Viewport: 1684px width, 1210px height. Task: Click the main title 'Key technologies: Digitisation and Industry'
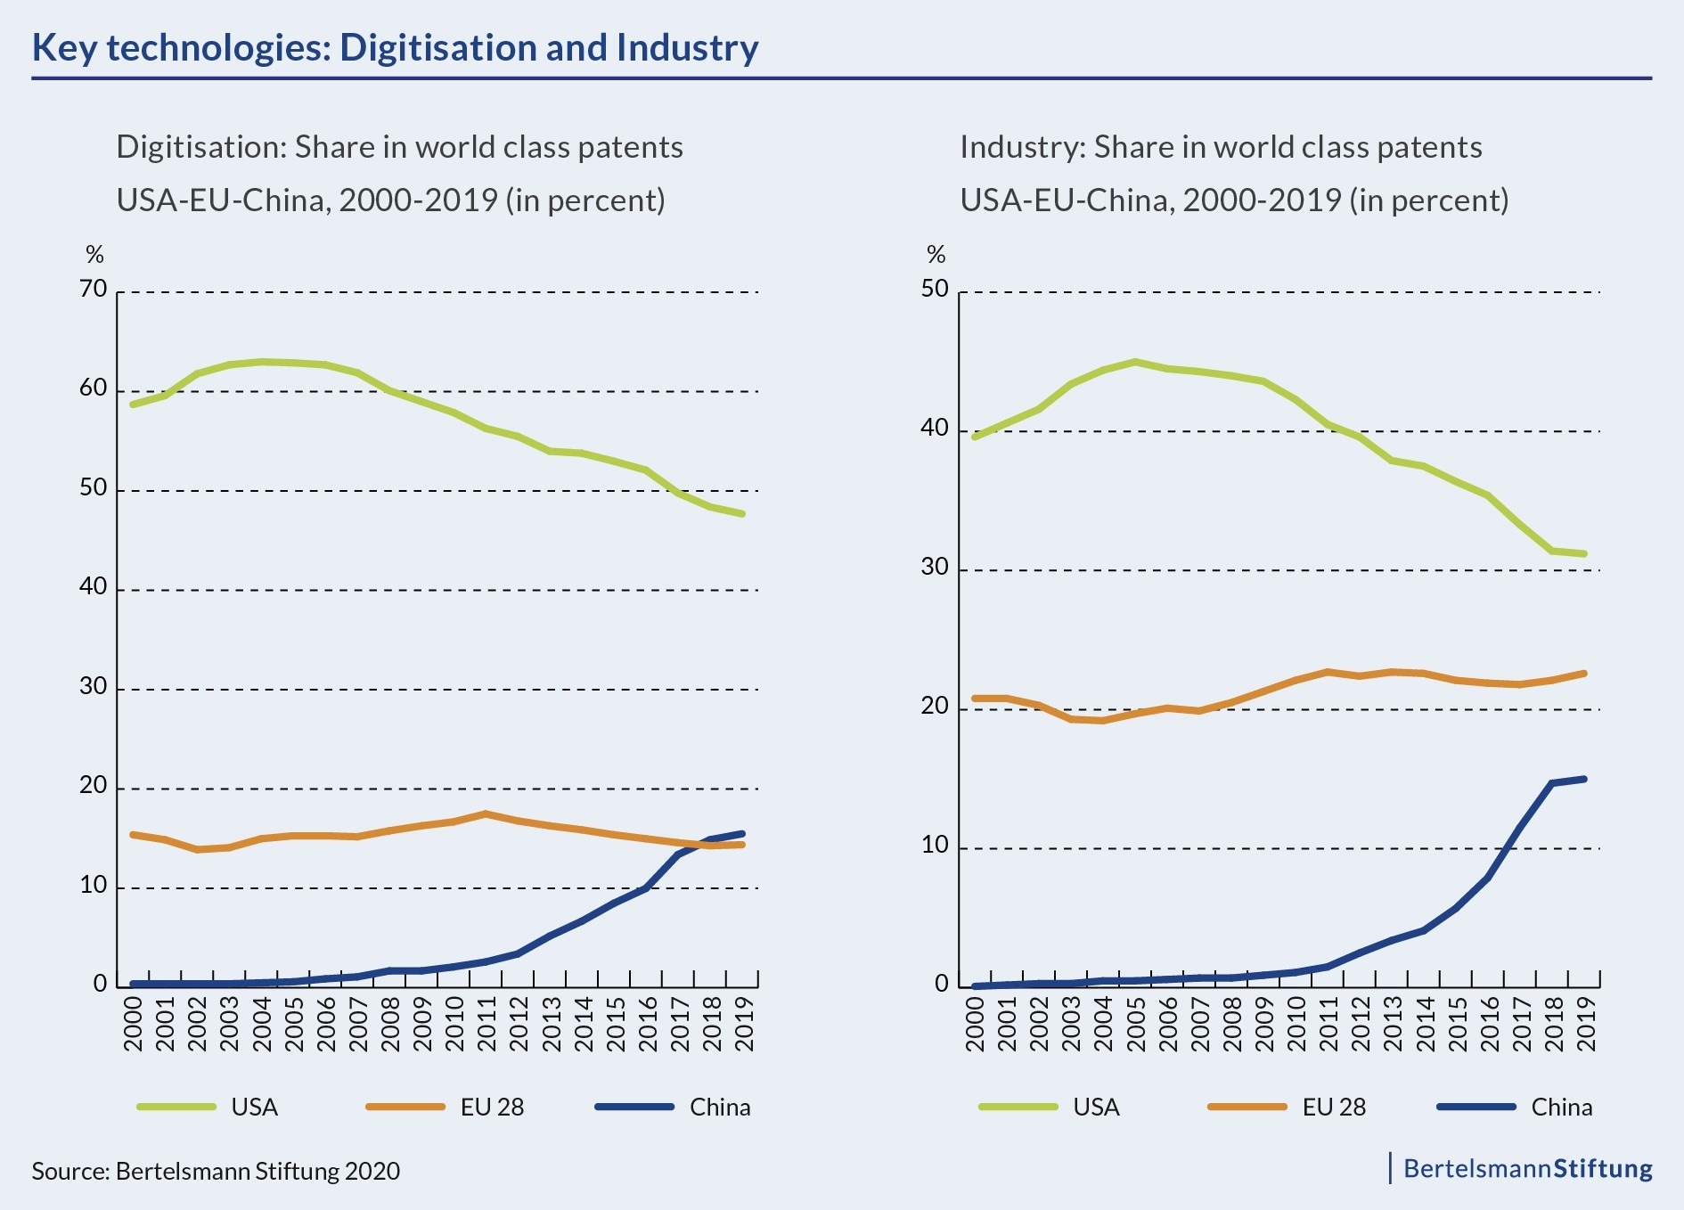(x=395, y=48)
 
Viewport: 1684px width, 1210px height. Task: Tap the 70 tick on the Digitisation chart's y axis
(x=94, y=290)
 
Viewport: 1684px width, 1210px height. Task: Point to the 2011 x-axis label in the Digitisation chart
(x=486, y=1024)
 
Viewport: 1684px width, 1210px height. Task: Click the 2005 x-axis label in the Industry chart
(x=1136, y=1024)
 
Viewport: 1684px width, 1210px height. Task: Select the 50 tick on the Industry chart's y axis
(x=936, y=290)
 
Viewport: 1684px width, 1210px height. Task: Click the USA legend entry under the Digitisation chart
(x=254, y=1107)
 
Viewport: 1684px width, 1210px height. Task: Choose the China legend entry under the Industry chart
(x=1561, y=1107)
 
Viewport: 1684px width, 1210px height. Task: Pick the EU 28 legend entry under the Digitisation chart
(x=492, y=1107)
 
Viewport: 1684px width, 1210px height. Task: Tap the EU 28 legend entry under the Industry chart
(x=1333, y=1107)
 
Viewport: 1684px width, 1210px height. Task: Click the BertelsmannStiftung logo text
(x=1527, y=1168)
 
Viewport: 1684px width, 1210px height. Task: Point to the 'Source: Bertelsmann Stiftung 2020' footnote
(x=216, y=1170)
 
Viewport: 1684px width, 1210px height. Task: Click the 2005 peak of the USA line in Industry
(x=1135, y=362)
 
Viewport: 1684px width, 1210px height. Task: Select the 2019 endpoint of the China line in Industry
(x=1584, y=779)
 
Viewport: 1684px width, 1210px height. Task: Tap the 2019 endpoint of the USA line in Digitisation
(x=742, y=513)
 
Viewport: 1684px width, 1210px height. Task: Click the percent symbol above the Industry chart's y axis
(x=936, y=256)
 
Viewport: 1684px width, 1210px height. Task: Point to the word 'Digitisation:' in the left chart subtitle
(x=201, y=147)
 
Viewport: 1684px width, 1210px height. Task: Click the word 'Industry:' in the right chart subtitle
(x=1022, y=147)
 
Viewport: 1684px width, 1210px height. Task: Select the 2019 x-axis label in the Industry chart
(x=1586, y=1024)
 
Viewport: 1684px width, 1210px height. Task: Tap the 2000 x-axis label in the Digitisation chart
(x=133, y=1024)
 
